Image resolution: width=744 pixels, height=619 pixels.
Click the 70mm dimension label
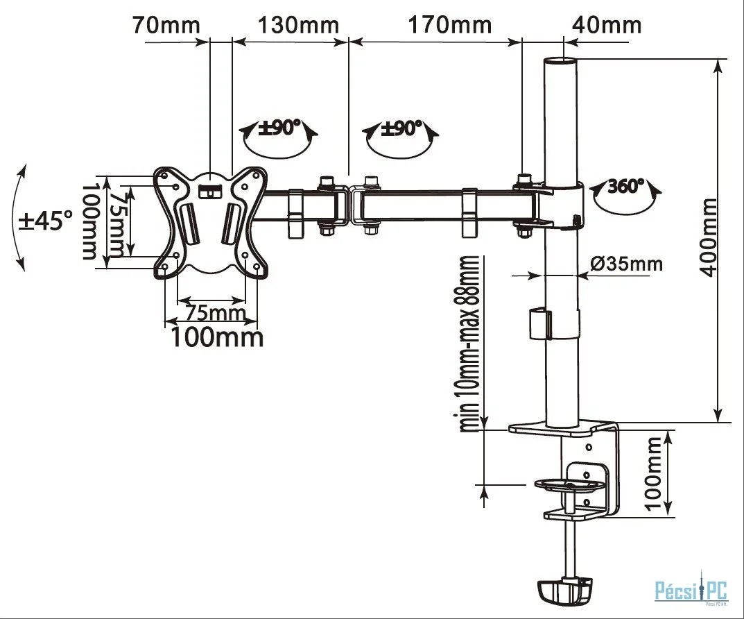tap(166, 25)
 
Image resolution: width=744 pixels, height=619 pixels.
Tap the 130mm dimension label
tap(298, 25)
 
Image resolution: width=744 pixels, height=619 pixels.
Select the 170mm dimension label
tap(450, 25)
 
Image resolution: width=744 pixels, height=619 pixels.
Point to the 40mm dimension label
tap(607, 25)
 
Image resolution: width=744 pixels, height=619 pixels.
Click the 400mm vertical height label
tap(709, 237)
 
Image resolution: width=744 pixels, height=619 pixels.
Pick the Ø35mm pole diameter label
tap(626, 263)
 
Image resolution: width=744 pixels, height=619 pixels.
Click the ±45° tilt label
tap(46, 221)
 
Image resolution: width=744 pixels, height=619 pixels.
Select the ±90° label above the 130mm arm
tap(280, 127)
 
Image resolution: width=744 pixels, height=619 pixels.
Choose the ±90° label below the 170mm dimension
tap(401, 127)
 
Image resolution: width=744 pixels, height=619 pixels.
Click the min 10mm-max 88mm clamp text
tap(469, 344)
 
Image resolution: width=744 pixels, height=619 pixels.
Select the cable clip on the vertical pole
tap(541, 325)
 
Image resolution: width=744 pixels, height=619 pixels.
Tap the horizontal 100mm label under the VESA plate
tap(217, 337)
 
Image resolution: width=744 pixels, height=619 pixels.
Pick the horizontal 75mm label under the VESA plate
tap(216, 313)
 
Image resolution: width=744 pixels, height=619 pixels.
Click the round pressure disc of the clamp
tap(571, 484)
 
